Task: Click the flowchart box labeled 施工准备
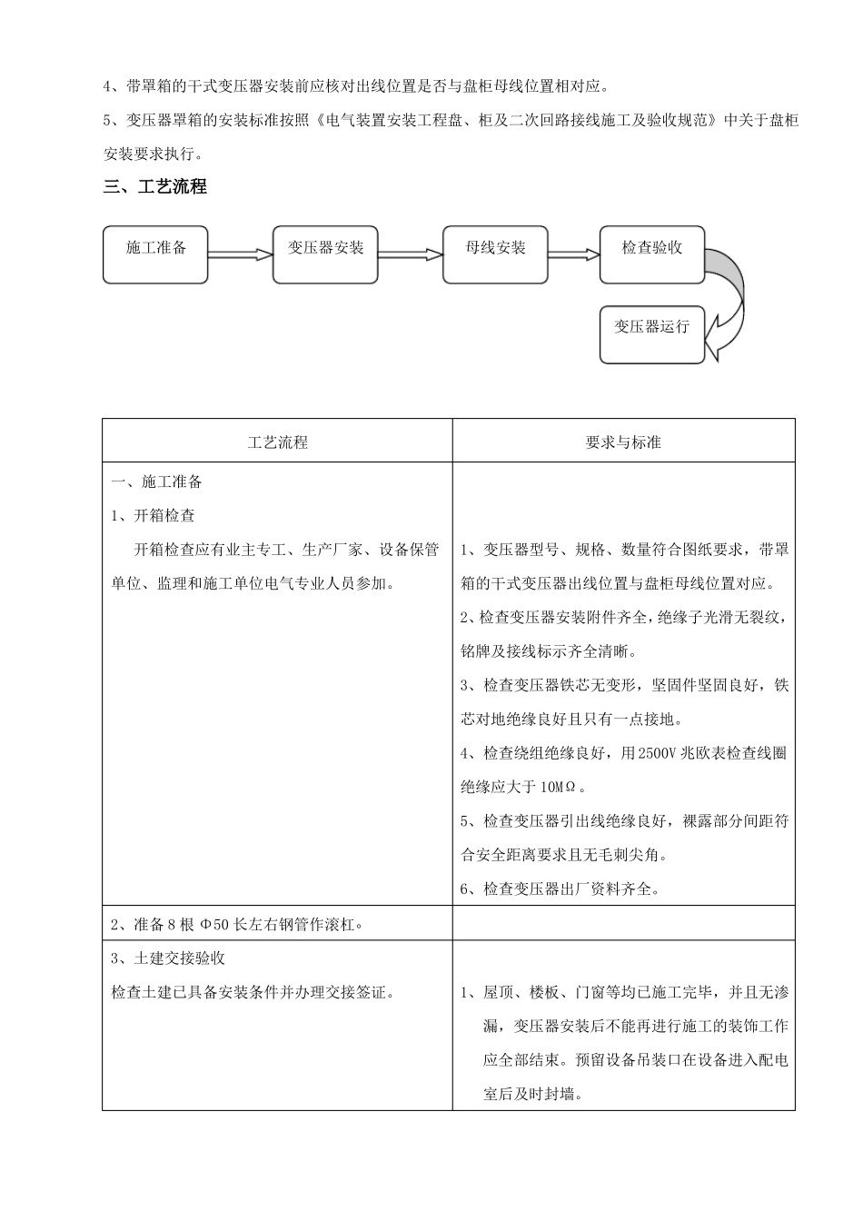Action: click(155, 254)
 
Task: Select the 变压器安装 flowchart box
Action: click(325, 254)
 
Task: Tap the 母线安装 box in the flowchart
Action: click(495, 254)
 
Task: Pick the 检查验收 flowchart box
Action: click(651, 254)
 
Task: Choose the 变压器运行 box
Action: click(651, 334)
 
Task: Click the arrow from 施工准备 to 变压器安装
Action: click(241, 255)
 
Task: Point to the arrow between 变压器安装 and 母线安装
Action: click(410, 255)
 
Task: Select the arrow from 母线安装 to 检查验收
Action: click(573, 255)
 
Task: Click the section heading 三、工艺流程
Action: click(155, 187)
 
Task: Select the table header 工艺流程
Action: click(277, 442)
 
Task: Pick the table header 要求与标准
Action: click(623, 442)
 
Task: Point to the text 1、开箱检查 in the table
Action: click(153, 515)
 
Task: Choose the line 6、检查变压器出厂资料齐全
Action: click(560, 888)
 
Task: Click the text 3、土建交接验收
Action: click(168, 958)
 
